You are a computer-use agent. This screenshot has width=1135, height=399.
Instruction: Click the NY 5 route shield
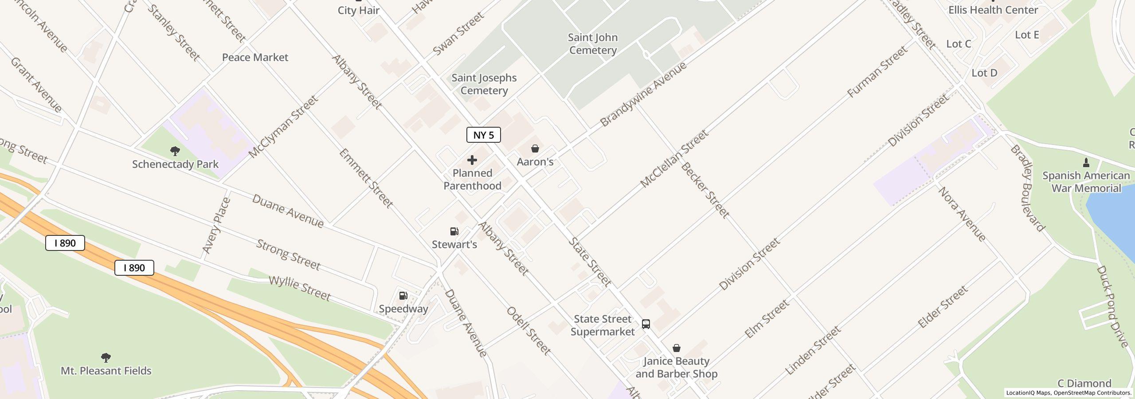pos(483,135)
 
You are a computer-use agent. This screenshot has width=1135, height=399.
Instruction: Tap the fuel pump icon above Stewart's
pos(454,231)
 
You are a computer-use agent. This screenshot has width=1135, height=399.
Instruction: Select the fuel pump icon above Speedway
pos(403,296)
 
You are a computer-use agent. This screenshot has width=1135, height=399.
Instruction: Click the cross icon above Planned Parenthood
pos(472,160)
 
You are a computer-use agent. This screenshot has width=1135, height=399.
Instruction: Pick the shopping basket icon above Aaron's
pos(535,149)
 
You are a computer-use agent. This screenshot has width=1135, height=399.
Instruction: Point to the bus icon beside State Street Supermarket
pos(646,324)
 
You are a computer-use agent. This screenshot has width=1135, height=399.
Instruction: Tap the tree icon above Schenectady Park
pos(175,151)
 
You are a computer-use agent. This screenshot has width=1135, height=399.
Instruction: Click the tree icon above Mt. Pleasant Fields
pos(106,357)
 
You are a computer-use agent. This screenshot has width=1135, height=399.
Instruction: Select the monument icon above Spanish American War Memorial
pos(1086,163)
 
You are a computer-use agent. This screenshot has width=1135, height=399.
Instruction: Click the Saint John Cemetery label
pos(593,44)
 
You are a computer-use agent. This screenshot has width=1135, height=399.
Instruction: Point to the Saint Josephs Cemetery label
pos(484,84)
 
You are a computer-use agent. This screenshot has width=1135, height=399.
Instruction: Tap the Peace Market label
pos(255,57)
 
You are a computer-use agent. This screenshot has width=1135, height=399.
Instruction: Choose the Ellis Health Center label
pos(993,10)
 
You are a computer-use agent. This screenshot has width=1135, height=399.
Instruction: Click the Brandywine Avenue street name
pos(643,94)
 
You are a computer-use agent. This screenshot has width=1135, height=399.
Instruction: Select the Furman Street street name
pos(877,72)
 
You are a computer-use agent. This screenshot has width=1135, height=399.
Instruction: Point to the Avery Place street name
pos(217,225)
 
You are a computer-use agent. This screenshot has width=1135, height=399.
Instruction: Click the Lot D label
pos(984,73)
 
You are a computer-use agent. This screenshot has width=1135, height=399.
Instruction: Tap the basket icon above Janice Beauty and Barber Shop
pos(677,348)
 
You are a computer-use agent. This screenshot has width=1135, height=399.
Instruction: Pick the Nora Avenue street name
pos(962,214)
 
